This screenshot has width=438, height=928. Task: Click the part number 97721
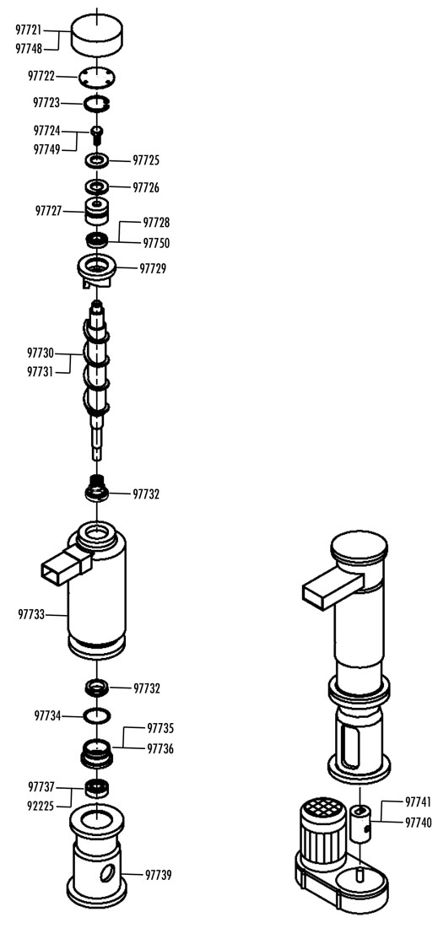pyautogui.click(x=29, y=30)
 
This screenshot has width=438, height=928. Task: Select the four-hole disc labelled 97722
pyautogui.click(x=96, y=77)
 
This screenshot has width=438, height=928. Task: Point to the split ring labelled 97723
pyautogui.click(x=96, y=104)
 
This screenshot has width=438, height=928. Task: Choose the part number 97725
pyautogui.click(x=146, y=160)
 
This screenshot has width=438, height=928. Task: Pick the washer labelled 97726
pyautogui.click(x=96, y=187)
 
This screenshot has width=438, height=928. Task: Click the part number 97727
pyautogui.click(x=49, y=210)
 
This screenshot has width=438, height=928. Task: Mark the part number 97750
pyautogui.click(x=156, y=243)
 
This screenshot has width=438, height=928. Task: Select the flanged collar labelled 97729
pyautogui.click(x=96, y=270)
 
